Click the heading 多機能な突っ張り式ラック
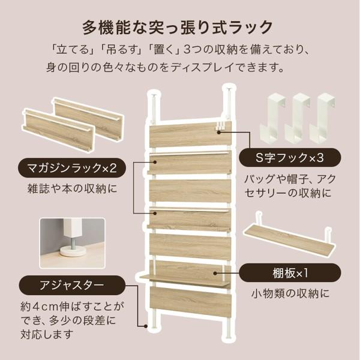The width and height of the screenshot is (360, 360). (178, 28)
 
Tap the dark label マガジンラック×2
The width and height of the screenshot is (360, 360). (72, 168)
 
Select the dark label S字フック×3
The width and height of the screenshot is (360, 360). (290, 158)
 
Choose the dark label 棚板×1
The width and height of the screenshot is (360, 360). (290, 273)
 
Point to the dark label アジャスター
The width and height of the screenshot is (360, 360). (72, 285)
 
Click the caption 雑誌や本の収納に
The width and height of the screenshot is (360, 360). (73, 189)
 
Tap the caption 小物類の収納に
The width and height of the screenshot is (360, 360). (290, 293)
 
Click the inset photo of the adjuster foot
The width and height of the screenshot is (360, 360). (73, 243)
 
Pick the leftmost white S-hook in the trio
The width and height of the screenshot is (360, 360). (272, 118)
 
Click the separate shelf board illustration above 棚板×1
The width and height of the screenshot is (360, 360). (289, 236)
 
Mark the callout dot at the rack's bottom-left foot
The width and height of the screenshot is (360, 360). (146, 326)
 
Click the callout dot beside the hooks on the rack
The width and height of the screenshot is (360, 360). (219, 132)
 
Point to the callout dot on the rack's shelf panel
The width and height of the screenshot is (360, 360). (215, 273)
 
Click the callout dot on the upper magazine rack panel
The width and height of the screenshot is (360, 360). (155, 162)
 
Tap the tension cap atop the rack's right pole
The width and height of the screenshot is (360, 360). (229, 89)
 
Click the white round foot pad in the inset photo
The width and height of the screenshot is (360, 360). (73, 252)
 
